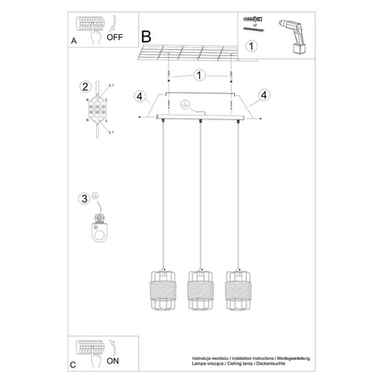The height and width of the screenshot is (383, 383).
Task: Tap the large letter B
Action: [x=146, y=37]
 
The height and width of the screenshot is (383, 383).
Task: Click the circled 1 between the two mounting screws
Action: [x=197, y=74]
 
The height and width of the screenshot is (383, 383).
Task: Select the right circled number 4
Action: [x=263, y=94]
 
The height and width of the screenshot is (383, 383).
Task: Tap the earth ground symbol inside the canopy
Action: [x=180, y=103]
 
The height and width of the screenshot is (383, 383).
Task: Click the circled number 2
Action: [x=84, y=87]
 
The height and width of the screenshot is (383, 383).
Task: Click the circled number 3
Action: [x=83, y=199]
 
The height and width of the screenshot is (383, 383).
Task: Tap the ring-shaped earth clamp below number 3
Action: [x=101, y=227]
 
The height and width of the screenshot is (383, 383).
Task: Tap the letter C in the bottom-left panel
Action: [x=73, y=364]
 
